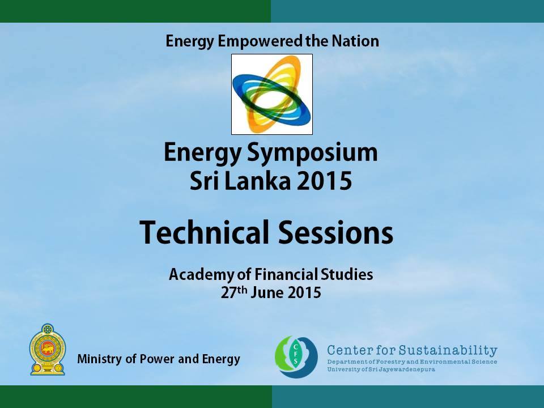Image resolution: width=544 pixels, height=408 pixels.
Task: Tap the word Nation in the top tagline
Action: click(355, 41)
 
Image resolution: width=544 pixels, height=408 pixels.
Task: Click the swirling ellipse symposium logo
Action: click(272, 94)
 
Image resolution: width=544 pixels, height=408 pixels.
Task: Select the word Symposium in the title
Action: click(312, 154)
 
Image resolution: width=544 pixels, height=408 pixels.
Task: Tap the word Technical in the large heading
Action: click(205, 232)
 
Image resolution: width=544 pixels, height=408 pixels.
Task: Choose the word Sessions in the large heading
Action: click(335, 232)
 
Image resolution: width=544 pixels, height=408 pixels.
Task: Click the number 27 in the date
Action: click(228, 293)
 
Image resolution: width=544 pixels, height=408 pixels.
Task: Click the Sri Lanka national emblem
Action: click(48, 350)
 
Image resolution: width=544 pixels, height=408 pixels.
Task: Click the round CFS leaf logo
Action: click(296, 356)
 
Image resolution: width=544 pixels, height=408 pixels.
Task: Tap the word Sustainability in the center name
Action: click(448, 350)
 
